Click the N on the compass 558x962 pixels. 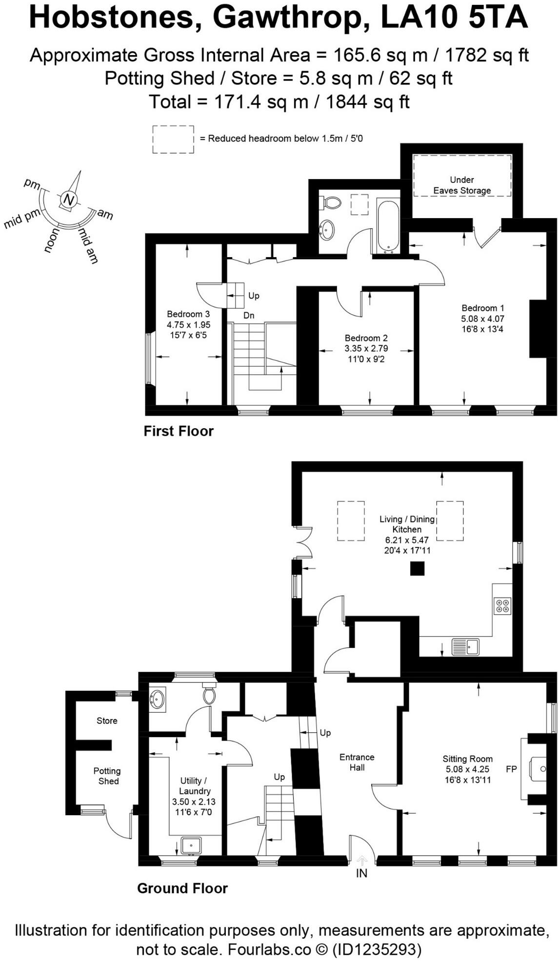(x=69, y=200)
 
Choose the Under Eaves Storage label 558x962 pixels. (x=462, y=185)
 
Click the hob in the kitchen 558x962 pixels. (x=502, y=605)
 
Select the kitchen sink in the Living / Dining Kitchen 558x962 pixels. (x=465, y=647)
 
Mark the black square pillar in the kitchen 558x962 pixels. (x=417, y=568)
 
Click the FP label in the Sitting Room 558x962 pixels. (x=511, y=769)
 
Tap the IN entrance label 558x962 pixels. (x=361, y=873)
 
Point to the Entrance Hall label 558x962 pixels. (x=357, y=762)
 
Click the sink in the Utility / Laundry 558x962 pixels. (x=191, y=845)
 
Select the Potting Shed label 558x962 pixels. (x=107, y=776)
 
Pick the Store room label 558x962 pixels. (x=107, y=721)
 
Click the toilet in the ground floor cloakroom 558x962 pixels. (x=209, y=695)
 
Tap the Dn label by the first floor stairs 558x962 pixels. (x=249, y=316)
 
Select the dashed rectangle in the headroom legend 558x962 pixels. (x=173, y=139)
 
